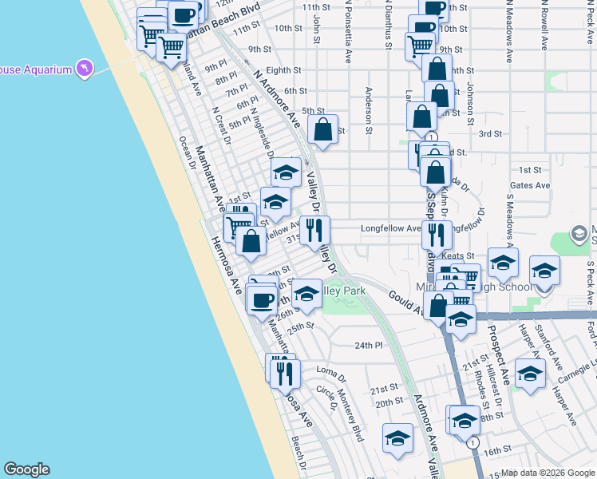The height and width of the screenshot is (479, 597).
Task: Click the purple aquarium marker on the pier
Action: [84, 69]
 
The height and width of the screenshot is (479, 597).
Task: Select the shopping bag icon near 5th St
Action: [322, 130]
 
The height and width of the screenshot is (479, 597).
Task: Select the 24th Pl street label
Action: [369, 346]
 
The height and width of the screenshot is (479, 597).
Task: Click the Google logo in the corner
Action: [26, 469]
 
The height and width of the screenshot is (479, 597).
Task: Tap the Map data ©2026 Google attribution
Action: [547, 473]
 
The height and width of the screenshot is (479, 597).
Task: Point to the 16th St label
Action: [496, 451]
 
